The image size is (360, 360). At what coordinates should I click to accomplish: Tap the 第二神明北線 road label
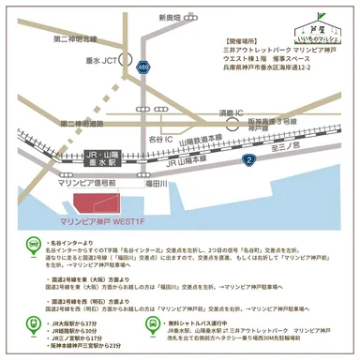click(x=75, y=38)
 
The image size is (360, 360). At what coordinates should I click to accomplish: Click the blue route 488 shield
click(x=142, y=67)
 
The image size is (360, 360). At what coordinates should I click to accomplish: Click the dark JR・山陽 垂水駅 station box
click(x=92, y=154)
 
